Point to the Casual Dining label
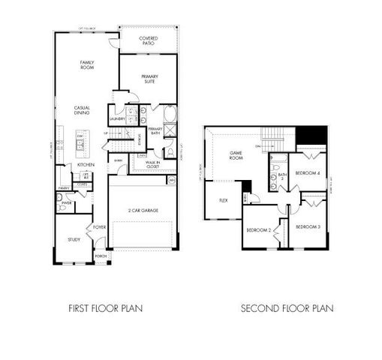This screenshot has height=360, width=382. (82, 109)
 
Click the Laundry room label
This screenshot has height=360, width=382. (116, 118)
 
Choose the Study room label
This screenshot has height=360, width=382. (74, 239)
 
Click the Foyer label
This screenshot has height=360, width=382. (98, 226)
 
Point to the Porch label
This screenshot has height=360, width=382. (100, 255)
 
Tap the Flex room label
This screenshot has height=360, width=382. (223, 200)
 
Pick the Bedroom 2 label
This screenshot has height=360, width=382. (259, 229)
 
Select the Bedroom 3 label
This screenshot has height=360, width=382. (307, 226)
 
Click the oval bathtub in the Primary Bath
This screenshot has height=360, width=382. (168, 115)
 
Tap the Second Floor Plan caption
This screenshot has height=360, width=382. (287, 307)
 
